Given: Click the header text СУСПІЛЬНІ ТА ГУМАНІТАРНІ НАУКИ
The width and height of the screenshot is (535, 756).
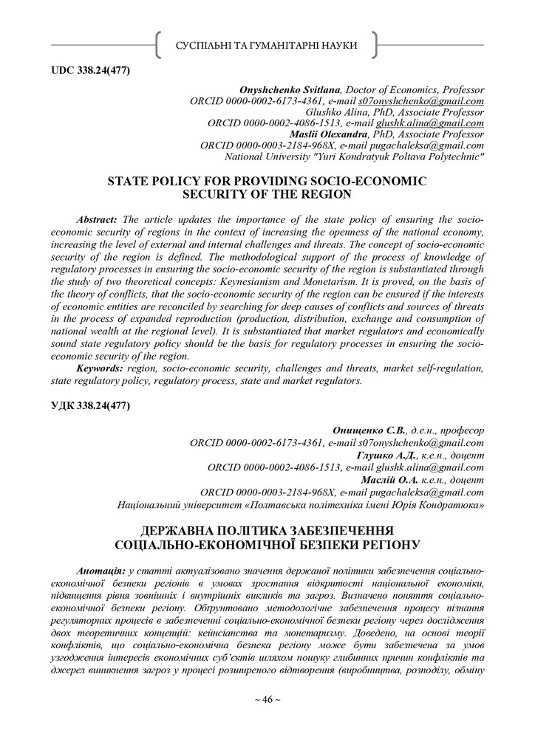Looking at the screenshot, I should [x=266, y=46].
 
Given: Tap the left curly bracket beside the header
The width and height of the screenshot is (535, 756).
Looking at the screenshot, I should [x=159, y=46].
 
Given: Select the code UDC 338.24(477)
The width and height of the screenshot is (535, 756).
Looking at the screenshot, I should [x=90, y=71].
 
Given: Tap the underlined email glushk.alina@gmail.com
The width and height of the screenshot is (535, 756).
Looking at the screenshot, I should [x=430, y=124].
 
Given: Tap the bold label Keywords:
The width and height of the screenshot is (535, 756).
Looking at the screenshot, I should [x=100, y=368].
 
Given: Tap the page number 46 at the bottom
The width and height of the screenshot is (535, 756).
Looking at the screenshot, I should [x=267, y=699].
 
